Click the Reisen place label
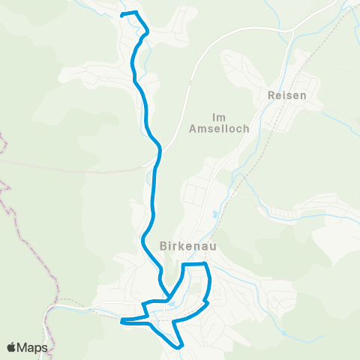coord(285,96)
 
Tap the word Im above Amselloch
coord(219,117)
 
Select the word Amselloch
coord(219,130)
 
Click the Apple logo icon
coord(12,347)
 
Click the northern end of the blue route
coord(122,14)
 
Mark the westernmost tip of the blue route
coord(121,322)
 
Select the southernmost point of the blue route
coord(180,347)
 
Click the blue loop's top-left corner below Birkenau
coord(184,265)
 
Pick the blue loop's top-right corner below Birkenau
coord(205,265)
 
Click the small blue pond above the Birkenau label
coord(217,215)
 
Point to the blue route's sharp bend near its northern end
coord(148,31)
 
